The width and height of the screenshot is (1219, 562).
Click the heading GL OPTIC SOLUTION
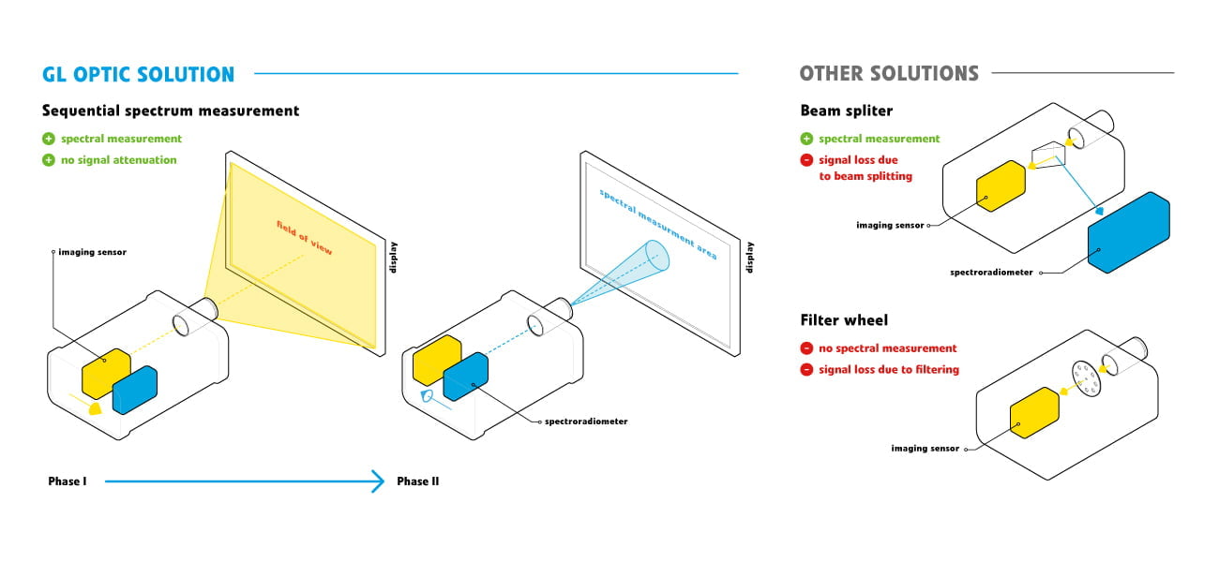pos(138,74)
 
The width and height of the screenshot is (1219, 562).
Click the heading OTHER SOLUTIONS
pos(888,73)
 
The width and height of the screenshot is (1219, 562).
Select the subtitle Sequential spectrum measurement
pos(171,111)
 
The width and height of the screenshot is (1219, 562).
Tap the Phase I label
pos(68,481)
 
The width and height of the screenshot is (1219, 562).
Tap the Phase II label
pos(417,481)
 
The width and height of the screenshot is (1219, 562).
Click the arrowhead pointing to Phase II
pos(378,481)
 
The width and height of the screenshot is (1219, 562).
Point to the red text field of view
pos(310,238)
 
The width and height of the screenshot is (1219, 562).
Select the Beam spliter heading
pos(846,111)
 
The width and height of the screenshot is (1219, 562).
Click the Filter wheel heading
pos(844,320)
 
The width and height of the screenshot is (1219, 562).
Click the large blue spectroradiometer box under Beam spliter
pos(1129,232)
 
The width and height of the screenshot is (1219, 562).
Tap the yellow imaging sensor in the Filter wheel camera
pos(1034,415)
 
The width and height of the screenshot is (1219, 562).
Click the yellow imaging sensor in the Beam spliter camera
pos(1001,184)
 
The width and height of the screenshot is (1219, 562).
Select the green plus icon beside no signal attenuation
pos(49,160)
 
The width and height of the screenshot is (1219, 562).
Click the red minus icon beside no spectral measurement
pos(806,348)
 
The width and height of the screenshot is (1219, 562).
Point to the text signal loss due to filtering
pos(888,370)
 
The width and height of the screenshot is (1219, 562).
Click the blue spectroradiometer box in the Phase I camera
pos(135,390)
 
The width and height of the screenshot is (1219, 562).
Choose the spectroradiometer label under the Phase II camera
pos(586,421)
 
